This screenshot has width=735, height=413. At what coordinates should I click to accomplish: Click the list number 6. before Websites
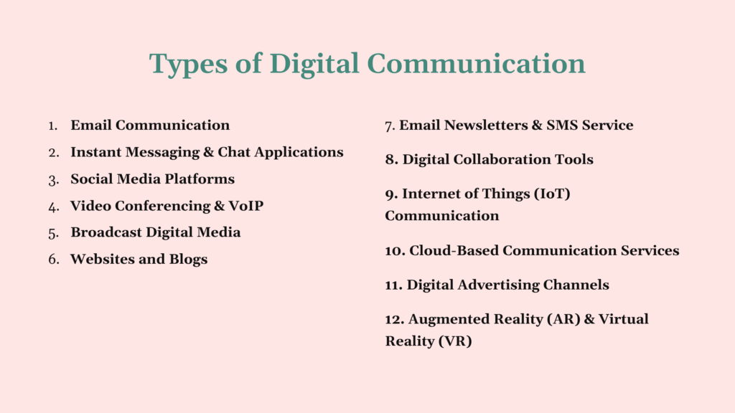54,260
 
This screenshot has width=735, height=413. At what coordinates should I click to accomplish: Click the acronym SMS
563,125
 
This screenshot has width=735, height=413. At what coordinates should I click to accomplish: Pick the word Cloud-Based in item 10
454,250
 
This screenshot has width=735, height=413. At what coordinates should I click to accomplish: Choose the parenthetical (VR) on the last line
457,341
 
